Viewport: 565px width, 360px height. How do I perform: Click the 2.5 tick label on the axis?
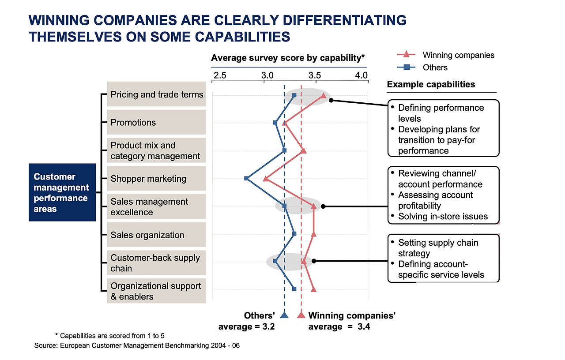[x=220, y=75]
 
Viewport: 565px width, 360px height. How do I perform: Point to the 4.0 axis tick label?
[x=362, y=75]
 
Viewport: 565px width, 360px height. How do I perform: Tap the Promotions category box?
[x=156, y=123]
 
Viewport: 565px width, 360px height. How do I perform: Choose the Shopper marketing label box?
[x=156, y=179]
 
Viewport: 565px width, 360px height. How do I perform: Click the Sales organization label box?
[x=156, y=235]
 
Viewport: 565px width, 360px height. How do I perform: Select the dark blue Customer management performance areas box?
[x=62, y=192]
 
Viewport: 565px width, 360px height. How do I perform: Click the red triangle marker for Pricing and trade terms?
[x=324, y=96]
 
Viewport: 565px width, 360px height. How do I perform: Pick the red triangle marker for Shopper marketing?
[x=265, y=179]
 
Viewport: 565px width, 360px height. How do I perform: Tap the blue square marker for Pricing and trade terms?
[x=294, y=95]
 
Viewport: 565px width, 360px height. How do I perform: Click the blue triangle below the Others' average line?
[x=284, y=315]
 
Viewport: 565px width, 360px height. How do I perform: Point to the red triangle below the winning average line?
[x=301, y=315]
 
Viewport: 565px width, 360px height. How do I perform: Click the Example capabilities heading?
[x=431, y=84]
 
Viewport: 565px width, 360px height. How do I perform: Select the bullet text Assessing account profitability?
[x=435, y=200]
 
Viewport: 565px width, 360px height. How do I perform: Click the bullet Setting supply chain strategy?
[x=438, y=248]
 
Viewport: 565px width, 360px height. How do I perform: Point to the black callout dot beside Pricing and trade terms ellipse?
[x=331, y=100]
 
